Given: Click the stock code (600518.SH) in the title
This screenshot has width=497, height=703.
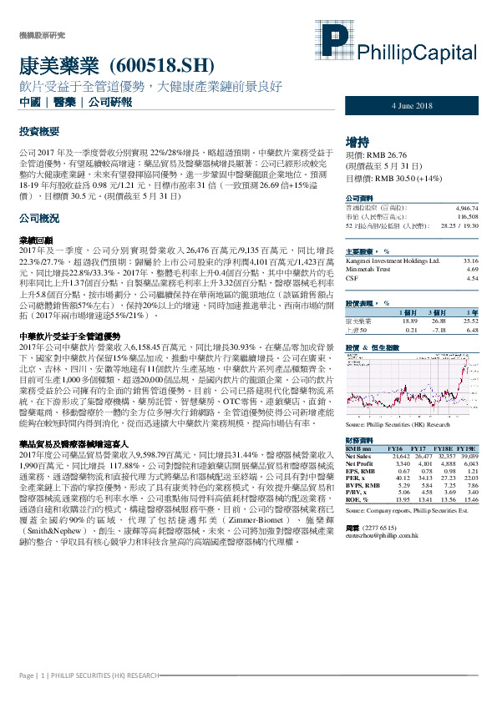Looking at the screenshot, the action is (161, 66).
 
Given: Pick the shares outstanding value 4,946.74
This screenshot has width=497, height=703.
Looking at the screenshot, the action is (465, 206).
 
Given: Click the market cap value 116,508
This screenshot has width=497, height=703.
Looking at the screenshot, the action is (467, 215).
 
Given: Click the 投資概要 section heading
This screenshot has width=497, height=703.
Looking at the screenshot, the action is (38, 132).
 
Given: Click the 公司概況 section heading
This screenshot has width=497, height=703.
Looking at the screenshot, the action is (38, 218).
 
